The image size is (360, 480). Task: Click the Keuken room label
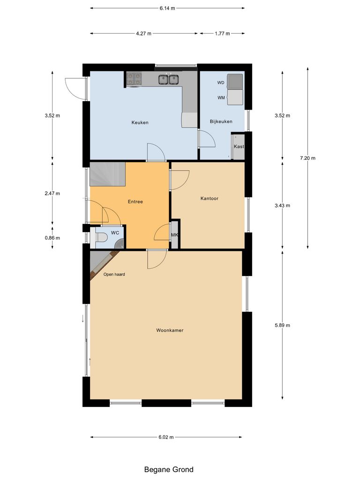140,122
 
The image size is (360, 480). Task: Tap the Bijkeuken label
221,121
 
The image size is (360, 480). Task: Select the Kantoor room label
209,198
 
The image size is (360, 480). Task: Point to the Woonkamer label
170,330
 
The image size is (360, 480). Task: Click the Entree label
135,202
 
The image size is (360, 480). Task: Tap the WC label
114,232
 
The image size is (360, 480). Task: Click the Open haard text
114,274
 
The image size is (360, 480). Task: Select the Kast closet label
239,147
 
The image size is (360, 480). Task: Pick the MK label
174,235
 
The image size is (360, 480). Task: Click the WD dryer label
221,82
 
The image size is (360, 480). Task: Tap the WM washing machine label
221,98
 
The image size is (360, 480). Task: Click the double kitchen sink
169,80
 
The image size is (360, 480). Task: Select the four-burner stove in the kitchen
135,80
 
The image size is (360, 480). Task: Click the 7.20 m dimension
307,158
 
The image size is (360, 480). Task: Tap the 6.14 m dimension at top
167,8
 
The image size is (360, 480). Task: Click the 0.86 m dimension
52,238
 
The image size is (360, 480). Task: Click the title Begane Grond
168,469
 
